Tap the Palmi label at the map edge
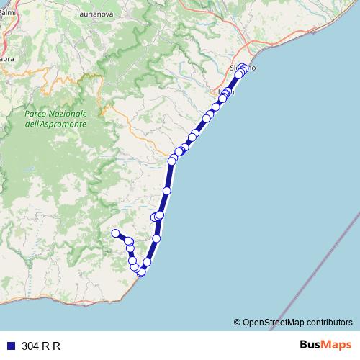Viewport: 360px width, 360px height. (8, 12)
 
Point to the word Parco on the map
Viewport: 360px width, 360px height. (36, 114)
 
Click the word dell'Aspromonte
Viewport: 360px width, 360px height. (55, 125)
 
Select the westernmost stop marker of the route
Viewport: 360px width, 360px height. (115, 233)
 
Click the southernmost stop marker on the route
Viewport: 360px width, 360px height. (141, 272)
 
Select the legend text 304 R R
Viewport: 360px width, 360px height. (41, 346)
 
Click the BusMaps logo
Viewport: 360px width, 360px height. (325, 345)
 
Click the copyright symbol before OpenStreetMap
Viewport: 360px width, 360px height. (238, 322)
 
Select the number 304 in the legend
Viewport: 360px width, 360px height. (31, 346)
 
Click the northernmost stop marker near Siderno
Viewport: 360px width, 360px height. (243, 68)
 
